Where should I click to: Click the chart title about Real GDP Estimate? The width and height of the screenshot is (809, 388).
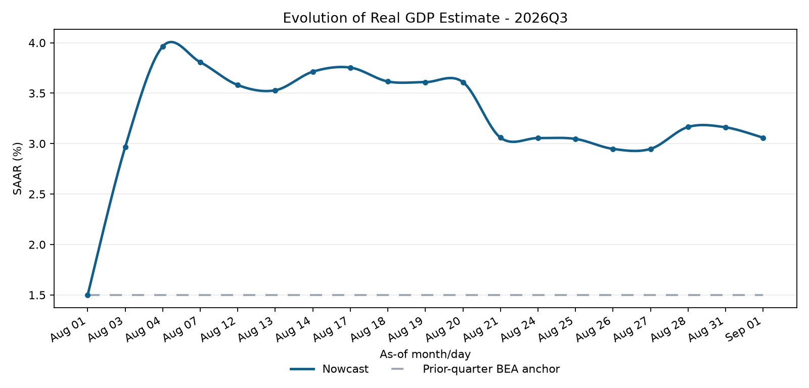(425, 18)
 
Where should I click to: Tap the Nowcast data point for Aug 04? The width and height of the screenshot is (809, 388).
(163, 46)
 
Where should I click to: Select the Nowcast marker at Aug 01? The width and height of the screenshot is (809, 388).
(88, 295)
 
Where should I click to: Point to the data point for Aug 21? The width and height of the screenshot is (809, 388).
(501, 138)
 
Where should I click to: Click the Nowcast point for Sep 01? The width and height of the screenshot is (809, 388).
(763, 138)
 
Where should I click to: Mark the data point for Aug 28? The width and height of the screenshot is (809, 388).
(688, 127)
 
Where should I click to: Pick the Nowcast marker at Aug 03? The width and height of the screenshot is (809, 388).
(125, 147)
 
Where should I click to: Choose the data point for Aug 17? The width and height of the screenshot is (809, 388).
(350, 68)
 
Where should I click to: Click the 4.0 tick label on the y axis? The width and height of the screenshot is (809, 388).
(37, 43)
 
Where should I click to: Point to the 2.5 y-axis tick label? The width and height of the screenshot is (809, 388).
(37, 194)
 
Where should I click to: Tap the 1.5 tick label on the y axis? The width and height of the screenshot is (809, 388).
(37, 295)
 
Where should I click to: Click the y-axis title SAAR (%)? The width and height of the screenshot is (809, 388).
(18, 169)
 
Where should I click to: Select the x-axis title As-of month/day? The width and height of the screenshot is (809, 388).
(425, 354)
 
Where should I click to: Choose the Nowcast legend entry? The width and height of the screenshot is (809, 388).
(329, 369)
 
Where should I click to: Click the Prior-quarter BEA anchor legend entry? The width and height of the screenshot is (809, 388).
(475, 369)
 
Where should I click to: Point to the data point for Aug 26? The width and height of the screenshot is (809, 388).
(613, 150)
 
